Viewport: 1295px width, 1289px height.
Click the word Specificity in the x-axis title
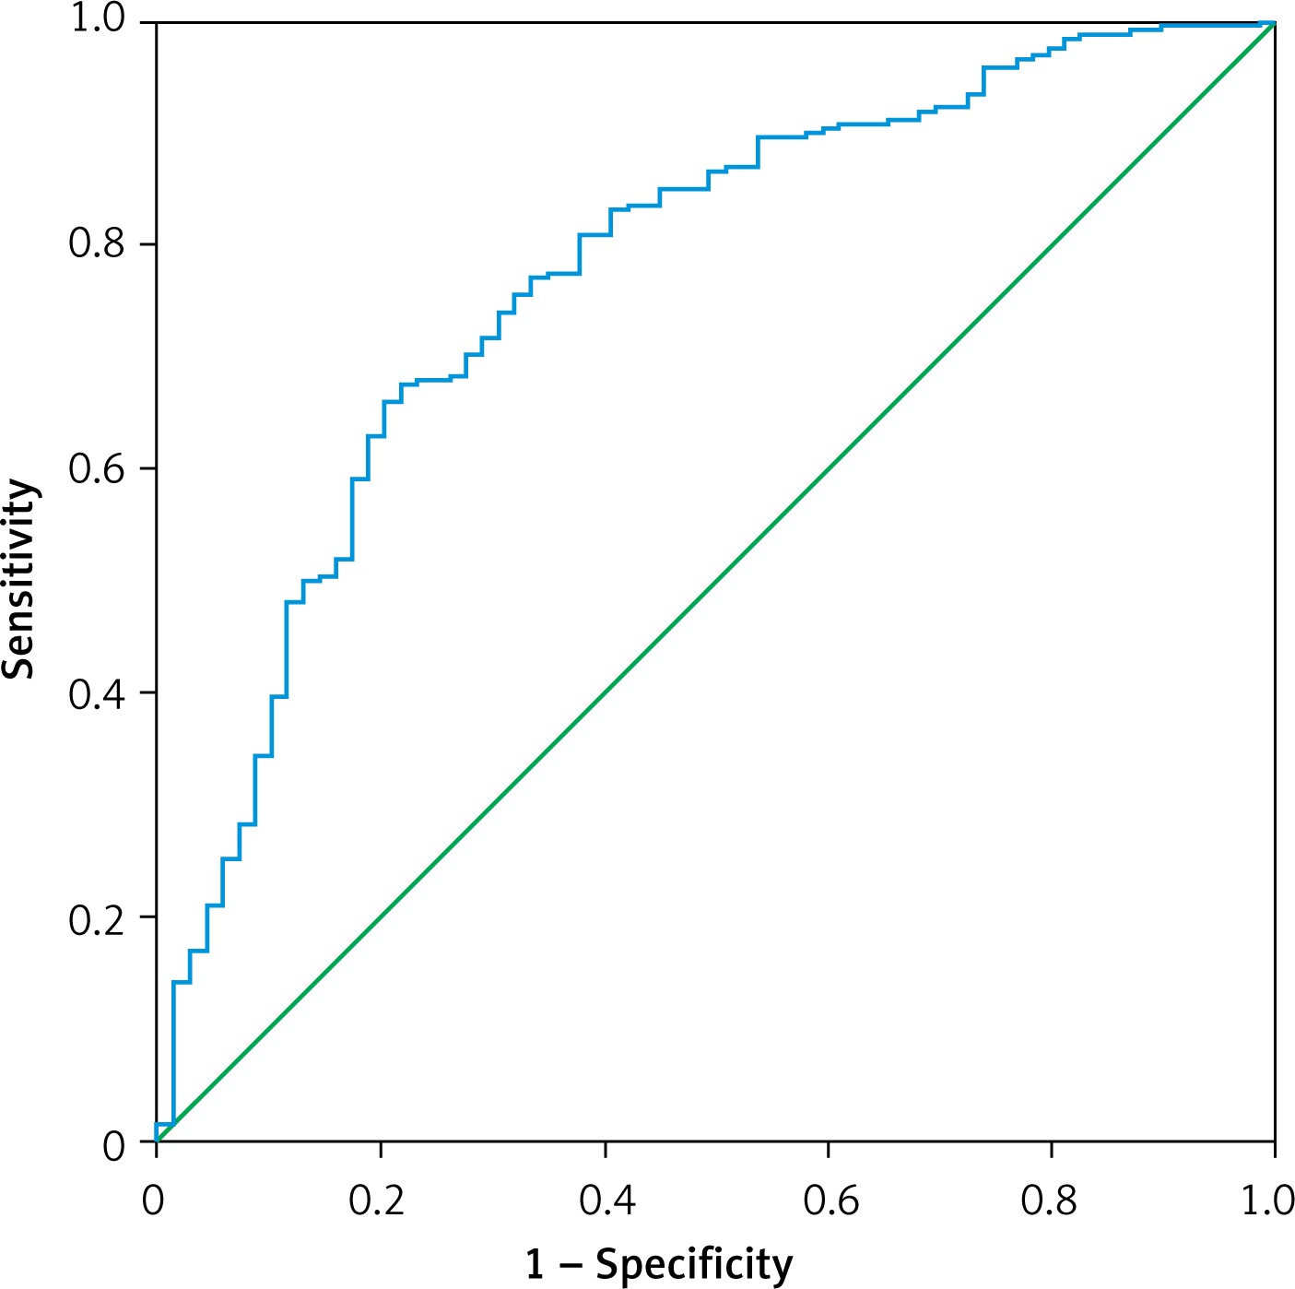[x=694, y=1265]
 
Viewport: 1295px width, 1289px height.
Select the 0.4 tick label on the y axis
[x=98, y=694]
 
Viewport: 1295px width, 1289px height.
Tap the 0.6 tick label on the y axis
[x=98, y=469]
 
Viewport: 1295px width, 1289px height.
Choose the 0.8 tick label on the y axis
[x=98, y=245]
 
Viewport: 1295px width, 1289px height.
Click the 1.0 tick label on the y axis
[x=98, y=20]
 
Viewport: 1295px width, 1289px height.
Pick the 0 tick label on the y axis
[x=113, y=1145]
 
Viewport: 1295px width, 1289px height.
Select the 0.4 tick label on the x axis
[x=604, y=1201]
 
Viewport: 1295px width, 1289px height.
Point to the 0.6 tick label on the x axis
[x=829, y=1201]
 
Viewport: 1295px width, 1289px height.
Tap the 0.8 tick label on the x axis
[x=1052, y=1201]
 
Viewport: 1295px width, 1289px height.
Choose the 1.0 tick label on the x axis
[x=1268, y=1201]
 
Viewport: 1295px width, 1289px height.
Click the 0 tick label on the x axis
[x=155, y=1201]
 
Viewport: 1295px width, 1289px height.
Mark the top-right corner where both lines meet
[x=1275, y=22]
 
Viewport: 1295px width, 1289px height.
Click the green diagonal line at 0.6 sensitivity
[x=828, y=469]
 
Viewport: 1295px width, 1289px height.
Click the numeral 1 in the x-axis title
[x=536, y=1263]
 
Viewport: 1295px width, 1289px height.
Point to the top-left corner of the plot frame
[x=157, y=22]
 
